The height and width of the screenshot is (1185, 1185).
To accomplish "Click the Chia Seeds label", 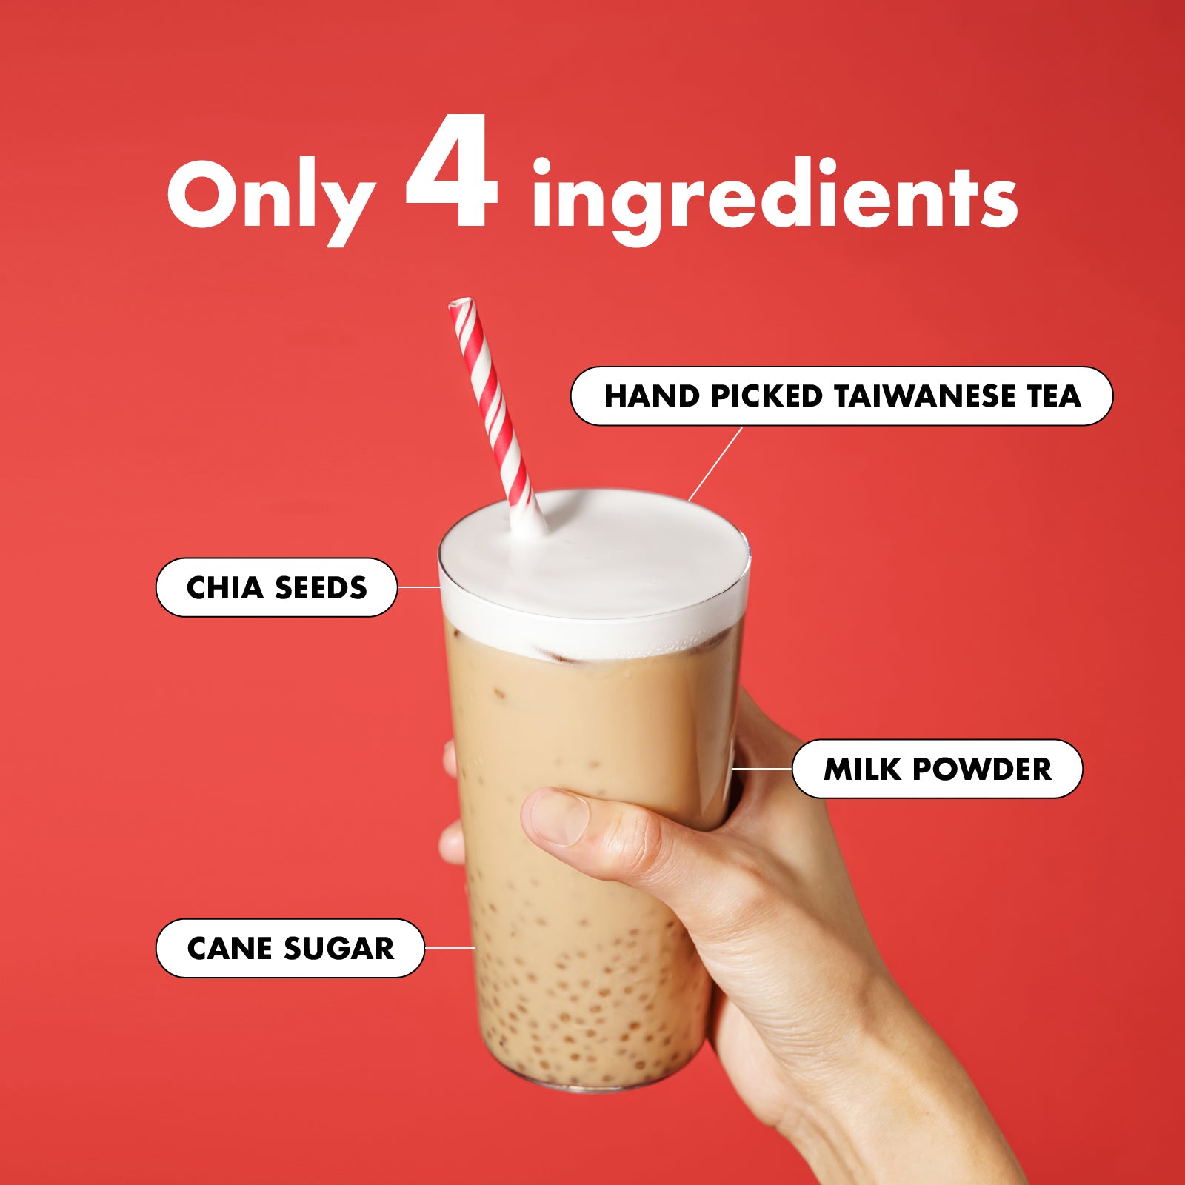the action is [276, 587].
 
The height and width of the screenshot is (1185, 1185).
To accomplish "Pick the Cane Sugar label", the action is [290, 948].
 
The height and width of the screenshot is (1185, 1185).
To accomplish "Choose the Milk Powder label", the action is [937, 769].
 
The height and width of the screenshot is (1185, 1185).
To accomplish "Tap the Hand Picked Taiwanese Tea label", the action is [841, 396].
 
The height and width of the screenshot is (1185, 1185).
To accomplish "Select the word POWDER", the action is [982, 769].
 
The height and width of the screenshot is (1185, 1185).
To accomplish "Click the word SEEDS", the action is [321, 587].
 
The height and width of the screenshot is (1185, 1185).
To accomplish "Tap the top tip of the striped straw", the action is [461, 302].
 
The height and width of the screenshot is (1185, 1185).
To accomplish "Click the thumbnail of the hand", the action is [560, 817].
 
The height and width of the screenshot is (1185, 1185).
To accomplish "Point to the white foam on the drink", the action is [594, 570].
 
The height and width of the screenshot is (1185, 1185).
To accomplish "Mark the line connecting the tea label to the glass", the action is [715, 464].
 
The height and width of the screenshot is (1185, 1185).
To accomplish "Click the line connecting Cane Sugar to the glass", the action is [450, 947].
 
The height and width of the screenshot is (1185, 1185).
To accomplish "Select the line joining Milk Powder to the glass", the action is [762, 769].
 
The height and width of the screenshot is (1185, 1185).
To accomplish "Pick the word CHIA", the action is [225, 587].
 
